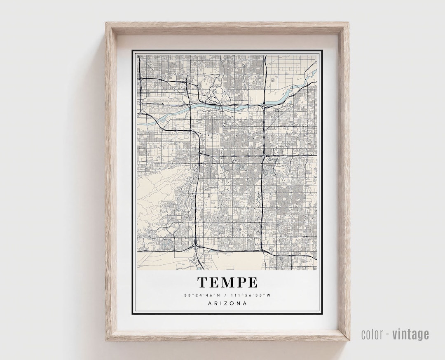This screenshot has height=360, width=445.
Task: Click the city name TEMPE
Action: [227, 282]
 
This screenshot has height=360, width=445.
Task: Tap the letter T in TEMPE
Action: [202, 282]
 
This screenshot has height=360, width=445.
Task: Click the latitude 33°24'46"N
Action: [202, 295]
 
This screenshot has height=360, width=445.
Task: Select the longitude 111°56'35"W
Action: [252, 295]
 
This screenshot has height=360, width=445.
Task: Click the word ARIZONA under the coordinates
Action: [227, 304]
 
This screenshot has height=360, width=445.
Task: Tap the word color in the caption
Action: [373, 334]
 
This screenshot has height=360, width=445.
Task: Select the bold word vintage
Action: [410, 334]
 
